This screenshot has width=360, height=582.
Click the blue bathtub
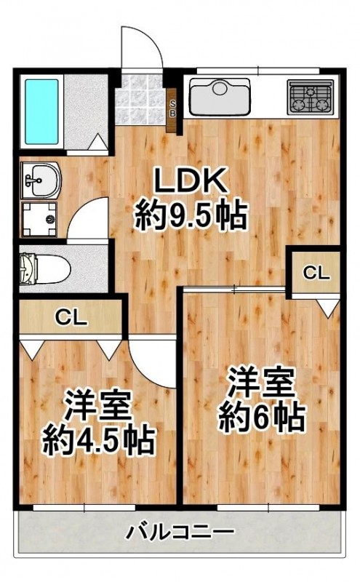click(x=43, y=111)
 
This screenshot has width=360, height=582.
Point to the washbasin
click(x=37, y=179)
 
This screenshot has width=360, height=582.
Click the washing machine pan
click(x=39, y=216)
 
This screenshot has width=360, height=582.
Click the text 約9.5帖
click(x=191, y=215)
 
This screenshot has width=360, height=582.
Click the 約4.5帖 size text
click(x=97, y=438)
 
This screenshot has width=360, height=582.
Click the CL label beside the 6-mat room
click(x=316, y=274)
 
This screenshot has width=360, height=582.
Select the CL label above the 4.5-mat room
click(x=72, y=317)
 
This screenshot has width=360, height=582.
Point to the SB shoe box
click(x=173, y=111)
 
